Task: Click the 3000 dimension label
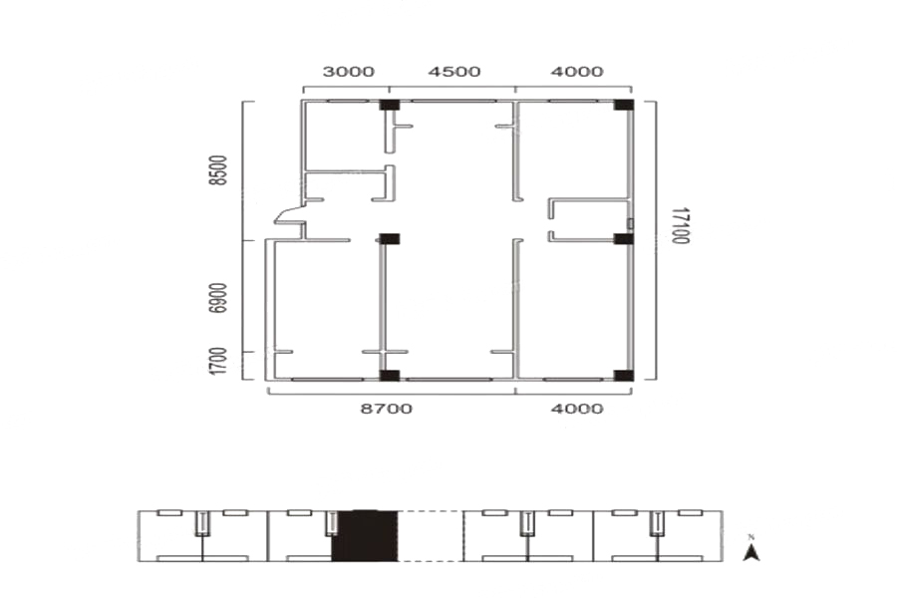coord(349,72)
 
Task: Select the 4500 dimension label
coord(454,72)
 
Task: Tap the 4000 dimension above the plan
coord(577,72)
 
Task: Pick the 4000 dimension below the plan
coord(577,409)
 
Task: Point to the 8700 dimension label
coord(386,409)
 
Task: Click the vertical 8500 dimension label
coord(218,170)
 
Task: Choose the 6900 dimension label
coord(218,298)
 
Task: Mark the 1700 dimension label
coord(218,361)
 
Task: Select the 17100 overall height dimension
coord(680,225)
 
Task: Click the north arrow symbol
coord(751,550)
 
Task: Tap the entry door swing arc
coord(285,214)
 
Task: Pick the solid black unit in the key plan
coord(365,535)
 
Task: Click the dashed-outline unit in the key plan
coord(431,535)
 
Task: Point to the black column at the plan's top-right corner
coord(624,105)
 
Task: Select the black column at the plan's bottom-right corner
coord(624,376)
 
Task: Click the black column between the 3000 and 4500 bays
coord(390,105)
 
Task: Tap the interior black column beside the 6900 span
coord(390,238)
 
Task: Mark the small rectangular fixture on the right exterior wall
coord(631,223)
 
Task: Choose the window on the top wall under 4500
coord(453,102)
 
